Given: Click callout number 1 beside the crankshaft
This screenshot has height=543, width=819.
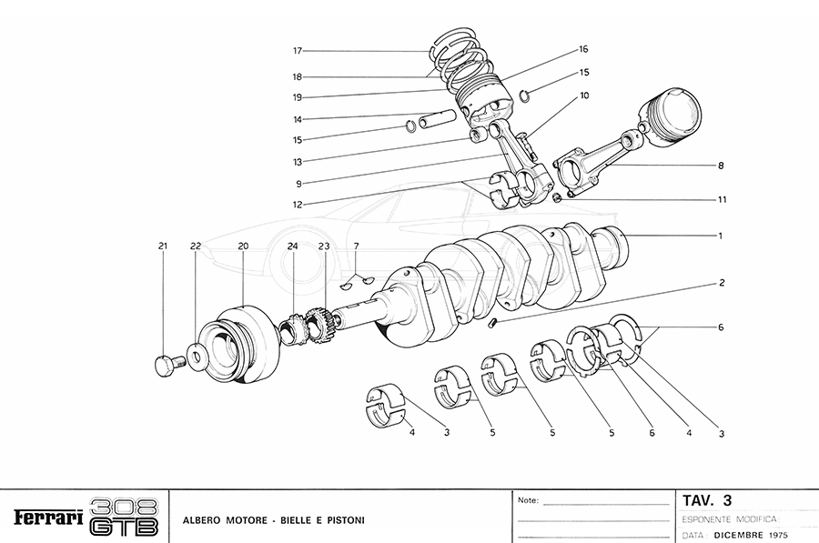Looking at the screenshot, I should tap(719, 236).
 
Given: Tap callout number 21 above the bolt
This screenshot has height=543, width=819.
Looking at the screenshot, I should tap(163, 246).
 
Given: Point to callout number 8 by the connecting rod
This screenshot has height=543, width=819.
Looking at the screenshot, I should tap(720, 166).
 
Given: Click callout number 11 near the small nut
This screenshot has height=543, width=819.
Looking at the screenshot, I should tap(722, 198).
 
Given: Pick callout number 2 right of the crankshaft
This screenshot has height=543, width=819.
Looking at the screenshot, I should tap(721, 283).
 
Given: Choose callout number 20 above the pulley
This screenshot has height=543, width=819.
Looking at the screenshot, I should tap(243, 246).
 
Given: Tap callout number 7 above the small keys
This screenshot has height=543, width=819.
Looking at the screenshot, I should tap(357, 246).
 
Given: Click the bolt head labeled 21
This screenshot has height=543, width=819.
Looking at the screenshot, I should tap(164, 366).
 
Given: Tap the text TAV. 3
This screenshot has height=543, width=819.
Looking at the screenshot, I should tap(707, 499).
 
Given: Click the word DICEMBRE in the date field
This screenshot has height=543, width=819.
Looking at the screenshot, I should tap(739, 534).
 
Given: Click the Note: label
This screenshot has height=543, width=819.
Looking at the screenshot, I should tap(528, 500).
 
